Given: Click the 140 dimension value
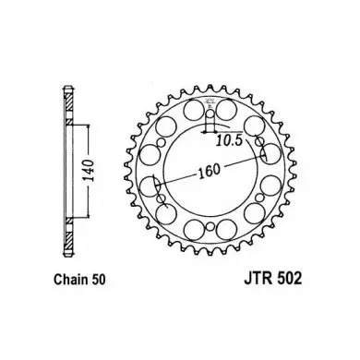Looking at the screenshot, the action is [90, 171].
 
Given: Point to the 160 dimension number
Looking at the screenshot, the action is [210, 171].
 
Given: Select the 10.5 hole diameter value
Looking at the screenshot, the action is [229, 140].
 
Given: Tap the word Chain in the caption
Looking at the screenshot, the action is [71, 280].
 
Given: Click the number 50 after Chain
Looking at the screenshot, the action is [98, 280].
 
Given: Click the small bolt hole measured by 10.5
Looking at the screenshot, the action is [210, 114].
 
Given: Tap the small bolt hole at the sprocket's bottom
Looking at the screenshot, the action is [210, 227].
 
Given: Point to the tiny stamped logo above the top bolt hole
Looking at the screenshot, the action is [210, 101].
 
